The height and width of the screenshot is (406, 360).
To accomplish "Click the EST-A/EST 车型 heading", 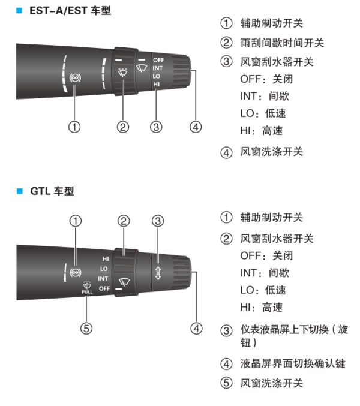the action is click(70, 11).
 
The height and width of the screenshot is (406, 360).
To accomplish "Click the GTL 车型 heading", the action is click(52, 191).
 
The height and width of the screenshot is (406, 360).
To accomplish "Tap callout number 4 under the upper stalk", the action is click(196, 127).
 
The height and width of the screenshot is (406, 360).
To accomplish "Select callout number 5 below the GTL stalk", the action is click(86, 328).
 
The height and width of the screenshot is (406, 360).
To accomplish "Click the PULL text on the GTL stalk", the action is click(87, 292).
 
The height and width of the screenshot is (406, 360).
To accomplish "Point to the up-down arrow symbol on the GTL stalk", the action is click(158, 273).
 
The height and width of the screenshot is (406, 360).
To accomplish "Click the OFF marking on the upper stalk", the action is click(158, 60).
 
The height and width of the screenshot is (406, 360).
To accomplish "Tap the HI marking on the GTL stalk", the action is click(106, 258).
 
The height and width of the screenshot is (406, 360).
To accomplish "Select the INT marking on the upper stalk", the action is click(158, 68).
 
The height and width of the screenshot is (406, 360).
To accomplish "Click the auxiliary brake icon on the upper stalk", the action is click(75, 78).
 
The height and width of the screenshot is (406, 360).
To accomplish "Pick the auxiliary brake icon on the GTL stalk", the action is click(76, 272).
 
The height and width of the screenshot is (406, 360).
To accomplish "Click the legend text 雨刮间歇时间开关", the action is click(283, 43).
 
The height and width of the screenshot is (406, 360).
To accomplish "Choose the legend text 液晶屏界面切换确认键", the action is click(293, 363).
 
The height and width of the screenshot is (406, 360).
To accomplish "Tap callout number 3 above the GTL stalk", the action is click(158, 221).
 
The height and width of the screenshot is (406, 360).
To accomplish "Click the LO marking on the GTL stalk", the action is click(104, 269).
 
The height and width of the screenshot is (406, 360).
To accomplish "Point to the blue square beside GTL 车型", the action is click(20, 191).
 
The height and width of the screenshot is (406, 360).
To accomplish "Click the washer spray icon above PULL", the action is click(87, 285).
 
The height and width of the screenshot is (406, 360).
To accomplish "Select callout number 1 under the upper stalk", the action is click(74, 127).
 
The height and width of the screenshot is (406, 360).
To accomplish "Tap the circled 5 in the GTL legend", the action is click(226, 383).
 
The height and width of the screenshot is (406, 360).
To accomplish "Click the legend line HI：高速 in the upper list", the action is click(262, 130).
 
